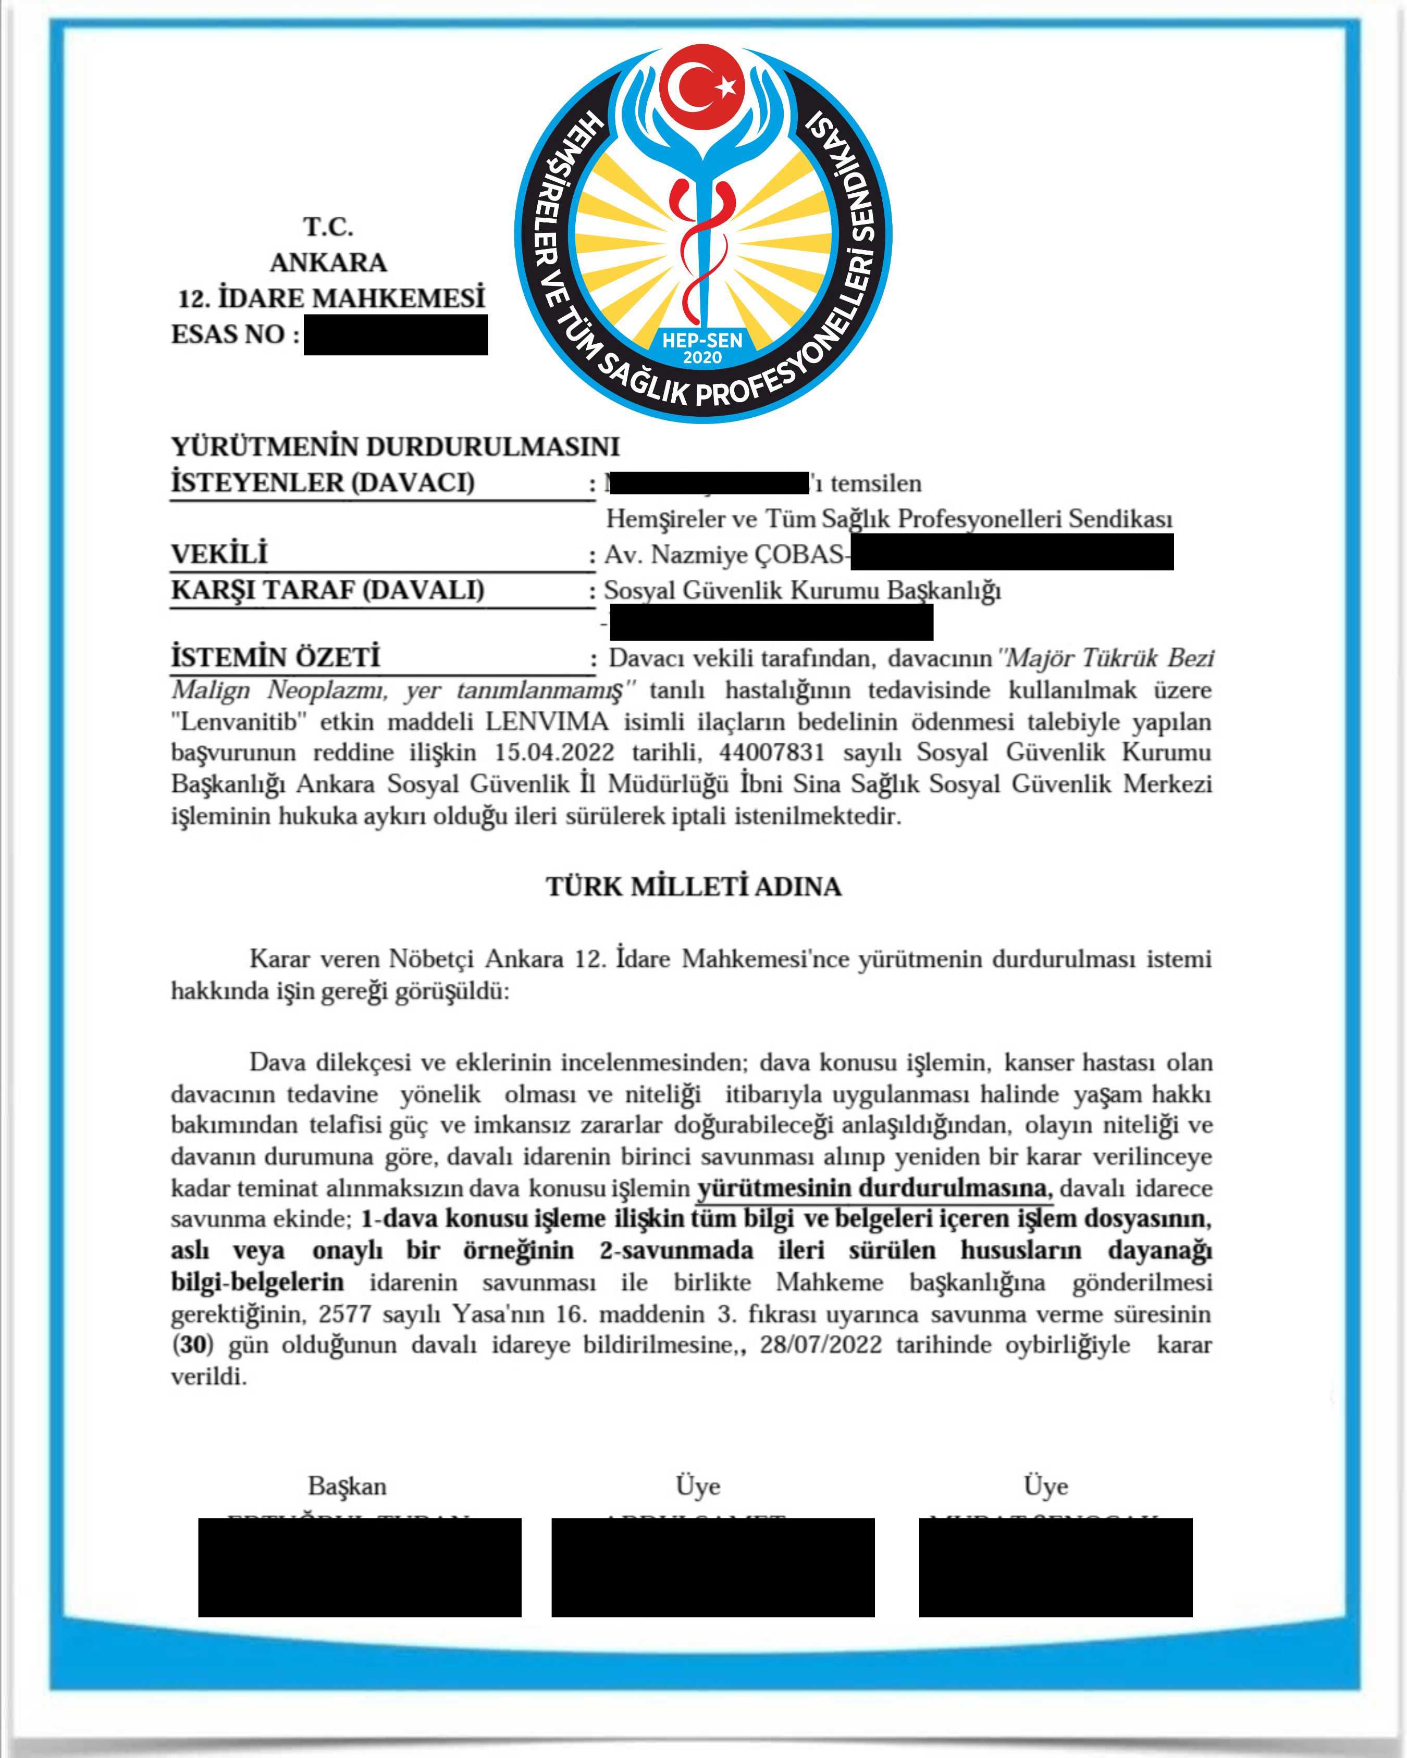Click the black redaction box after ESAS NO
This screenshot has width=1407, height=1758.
[396, 334]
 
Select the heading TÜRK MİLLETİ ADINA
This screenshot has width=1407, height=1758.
[693, 887]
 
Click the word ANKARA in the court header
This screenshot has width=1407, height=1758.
[329, 263]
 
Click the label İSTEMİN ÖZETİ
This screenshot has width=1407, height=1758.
[276, 657]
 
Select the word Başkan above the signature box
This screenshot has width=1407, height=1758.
[348, 1487]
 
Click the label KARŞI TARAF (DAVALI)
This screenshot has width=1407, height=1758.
[328, 590]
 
